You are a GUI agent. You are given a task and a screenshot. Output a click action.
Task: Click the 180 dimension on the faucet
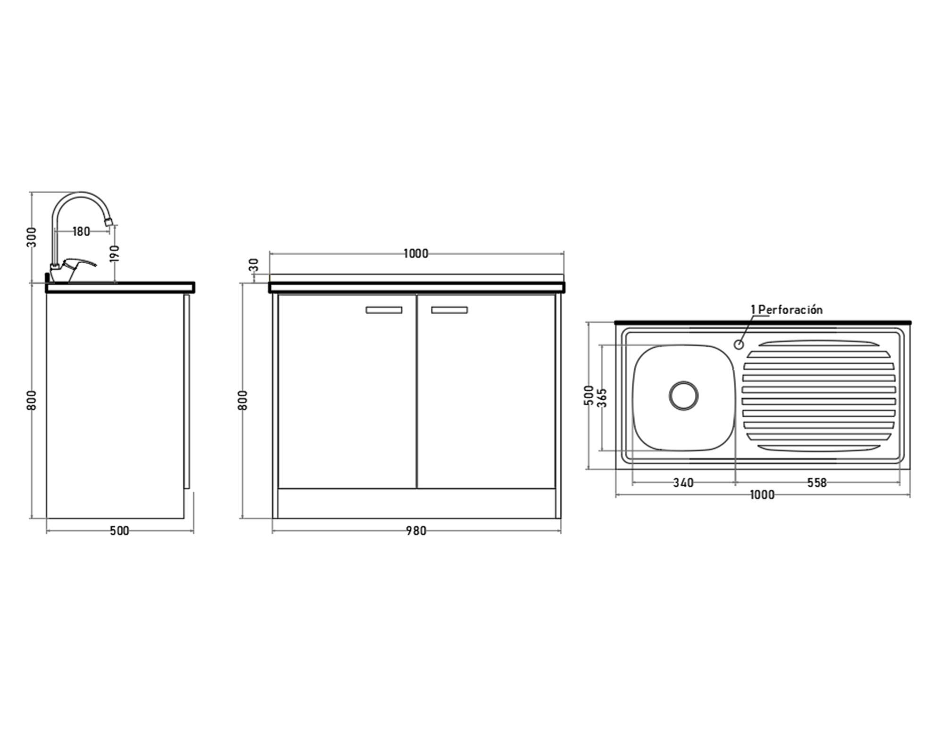[81, 232]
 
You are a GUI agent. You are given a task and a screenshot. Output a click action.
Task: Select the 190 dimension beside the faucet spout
[115, 253]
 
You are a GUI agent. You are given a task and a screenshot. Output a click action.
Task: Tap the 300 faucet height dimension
[32, 237]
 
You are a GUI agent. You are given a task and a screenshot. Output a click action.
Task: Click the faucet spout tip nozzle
[109, 221]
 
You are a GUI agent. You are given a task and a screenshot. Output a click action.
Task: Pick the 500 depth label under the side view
[119, 531]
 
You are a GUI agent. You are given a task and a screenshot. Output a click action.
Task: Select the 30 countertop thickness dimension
[254, 265]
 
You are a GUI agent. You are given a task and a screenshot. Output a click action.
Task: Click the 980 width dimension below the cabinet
[416, 531]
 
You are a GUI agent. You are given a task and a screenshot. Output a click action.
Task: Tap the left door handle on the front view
[384, 310]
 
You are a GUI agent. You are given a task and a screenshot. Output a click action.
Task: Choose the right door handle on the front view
[449, 310]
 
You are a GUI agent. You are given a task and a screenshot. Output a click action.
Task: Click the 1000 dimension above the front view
[416, 254]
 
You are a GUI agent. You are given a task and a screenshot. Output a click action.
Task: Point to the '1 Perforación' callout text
[787, 310]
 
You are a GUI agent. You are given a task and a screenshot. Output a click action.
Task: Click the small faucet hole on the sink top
[739, 344]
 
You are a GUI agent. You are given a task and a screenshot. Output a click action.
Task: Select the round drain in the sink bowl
[683, 395]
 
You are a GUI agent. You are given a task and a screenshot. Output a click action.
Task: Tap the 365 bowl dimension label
[602, 397]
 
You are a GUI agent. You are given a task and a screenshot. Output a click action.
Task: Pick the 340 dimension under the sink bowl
[683, 483]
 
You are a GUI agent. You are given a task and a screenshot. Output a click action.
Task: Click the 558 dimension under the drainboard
[817, 482]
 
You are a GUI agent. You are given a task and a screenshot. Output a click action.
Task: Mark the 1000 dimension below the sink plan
[762, 495]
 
